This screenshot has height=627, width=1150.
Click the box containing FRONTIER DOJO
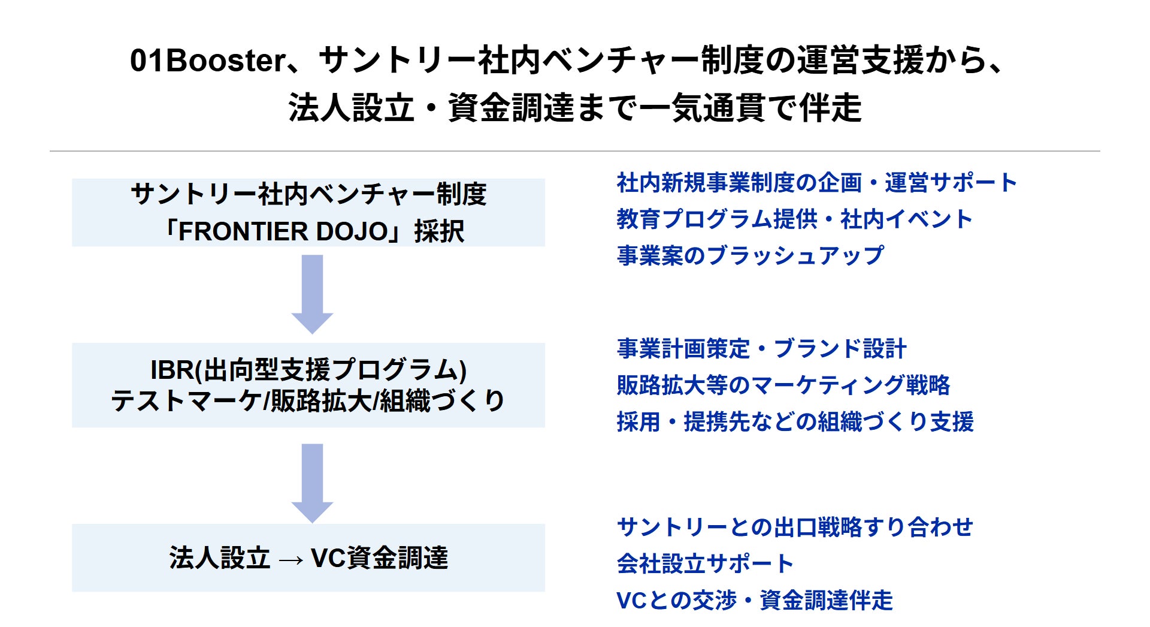click(x=308, y=212)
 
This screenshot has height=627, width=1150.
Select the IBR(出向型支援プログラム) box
click(x=308, y=385)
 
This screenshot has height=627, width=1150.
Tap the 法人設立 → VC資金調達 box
click(x=308, y=557)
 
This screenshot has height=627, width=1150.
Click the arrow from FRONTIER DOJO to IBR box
click(x=312, y=294)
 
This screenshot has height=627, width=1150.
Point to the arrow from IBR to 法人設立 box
click(x=312, y=483)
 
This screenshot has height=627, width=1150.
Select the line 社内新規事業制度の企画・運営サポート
click(x=817, y=183)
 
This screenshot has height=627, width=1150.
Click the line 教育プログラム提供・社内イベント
click(x=794, y=219)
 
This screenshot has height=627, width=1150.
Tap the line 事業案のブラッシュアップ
click(x=750, y=255)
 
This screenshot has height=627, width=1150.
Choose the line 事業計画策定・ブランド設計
click(x=762, y=348)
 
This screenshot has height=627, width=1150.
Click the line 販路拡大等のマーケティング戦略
click(x=783, y=385)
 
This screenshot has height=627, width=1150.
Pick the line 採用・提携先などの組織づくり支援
click(x=795, y=421)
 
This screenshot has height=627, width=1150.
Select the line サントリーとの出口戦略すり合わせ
click(x=795, y=527)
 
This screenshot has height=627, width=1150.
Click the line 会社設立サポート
click(x=705, y=563)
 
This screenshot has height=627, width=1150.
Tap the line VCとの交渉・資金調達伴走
click(x=755, y=600)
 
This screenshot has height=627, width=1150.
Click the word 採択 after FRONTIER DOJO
click(x=439, y=231)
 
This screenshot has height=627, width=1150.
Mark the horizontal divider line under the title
click(x=575, y=151)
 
